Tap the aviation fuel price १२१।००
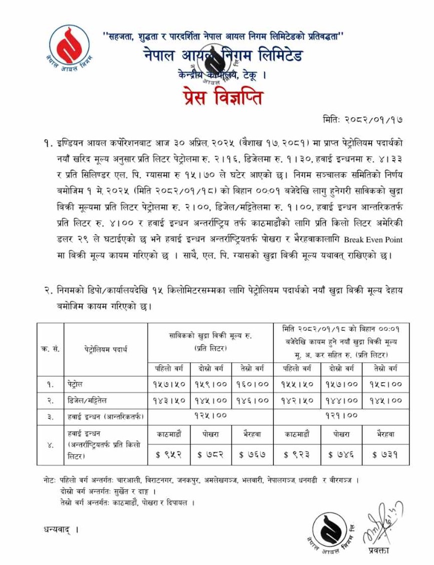(341, 415)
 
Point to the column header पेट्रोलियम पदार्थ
(105, 349)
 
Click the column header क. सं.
(50, 349)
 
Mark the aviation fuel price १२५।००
(210, 415)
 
